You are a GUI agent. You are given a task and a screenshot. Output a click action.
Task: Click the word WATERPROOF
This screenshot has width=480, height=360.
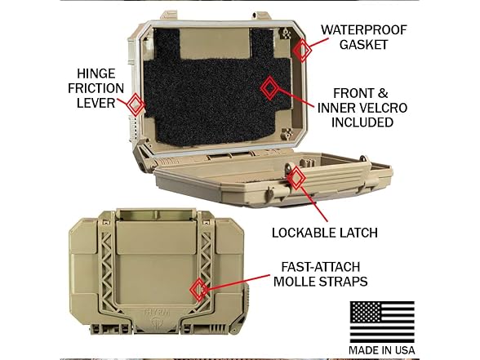point(364,30)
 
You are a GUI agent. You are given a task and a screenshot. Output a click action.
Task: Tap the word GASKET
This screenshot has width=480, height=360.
point(364,45)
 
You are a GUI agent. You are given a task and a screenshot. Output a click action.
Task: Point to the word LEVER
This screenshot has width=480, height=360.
point(96,103)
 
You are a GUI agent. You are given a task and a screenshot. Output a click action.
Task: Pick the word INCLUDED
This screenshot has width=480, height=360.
point(362,122)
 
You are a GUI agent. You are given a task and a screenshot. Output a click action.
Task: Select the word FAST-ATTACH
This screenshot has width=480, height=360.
point(321,267)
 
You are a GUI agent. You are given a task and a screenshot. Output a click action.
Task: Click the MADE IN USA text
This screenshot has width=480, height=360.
point(382,350)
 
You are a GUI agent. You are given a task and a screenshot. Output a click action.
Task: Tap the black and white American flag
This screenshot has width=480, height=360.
point(382,322)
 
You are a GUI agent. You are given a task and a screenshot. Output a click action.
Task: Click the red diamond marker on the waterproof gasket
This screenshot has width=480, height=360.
point(302,50)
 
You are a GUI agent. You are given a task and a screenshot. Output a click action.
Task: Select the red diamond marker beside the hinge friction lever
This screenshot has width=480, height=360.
point(136,104)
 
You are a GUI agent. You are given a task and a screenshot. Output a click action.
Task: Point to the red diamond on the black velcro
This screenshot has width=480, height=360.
point(269,88)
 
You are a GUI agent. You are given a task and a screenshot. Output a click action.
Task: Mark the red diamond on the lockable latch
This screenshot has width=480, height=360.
point(296,178)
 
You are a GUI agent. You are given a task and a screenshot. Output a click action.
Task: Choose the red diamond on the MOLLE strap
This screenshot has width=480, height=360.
point(199,290)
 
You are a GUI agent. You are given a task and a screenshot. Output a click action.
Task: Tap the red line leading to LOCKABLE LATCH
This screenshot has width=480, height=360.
point(314,202)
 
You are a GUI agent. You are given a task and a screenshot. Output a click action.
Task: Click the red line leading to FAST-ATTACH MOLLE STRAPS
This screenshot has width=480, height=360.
point(238,282)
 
